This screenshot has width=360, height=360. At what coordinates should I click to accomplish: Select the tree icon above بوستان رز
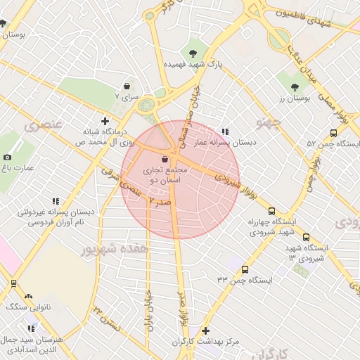[x=295, y=88]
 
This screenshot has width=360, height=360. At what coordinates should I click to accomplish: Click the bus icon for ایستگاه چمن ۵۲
[x=332, y=133]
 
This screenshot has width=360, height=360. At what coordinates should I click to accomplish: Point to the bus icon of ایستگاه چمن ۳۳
[x=245, y=269]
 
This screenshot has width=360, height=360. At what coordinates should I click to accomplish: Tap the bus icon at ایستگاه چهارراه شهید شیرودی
[x=271, y=211]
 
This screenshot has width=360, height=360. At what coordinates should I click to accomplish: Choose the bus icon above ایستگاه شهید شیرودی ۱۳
[x=306, y=238]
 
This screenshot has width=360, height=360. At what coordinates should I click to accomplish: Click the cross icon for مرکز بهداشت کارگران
[x=205, y=330]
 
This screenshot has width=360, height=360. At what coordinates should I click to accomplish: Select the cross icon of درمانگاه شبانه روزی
[x=105, y=120]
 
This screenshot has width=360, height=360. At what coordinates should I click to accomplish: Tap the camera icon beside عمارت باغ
[x=8, y=157]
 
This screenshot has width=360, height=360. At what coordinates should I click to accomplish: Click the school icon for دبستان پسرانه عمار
[x=225, y=131]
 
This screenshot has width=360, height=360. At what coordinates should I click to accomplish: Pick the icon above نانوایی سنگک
[x=28, y=297]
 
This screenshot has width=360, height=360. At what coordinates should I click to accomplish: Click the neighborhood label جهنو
[x=269, y=124]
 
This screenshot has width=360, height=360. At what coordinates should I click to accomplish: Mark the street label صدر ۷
[x=160, y=202]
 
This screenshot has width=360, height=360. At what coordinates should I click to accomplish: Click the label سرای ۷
[x=129, y=96]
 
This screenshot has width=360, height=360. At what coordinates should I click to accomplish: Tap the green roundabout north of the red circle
[x=147, y=106]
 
